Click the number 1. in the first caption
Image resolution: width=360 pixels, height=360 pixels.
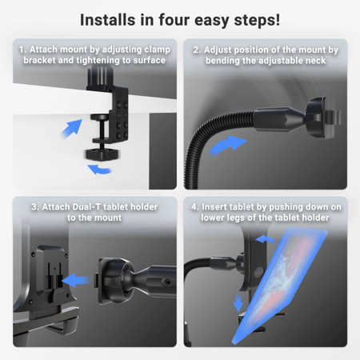(22, 50)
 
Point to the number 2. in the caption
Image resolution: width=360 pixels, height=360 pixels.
(196, 50)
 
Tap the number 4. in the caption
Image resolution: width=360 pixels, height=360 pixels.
(194, 206)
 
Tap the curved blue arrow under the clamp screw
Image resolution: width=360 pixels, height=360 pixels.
(99, 169)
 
